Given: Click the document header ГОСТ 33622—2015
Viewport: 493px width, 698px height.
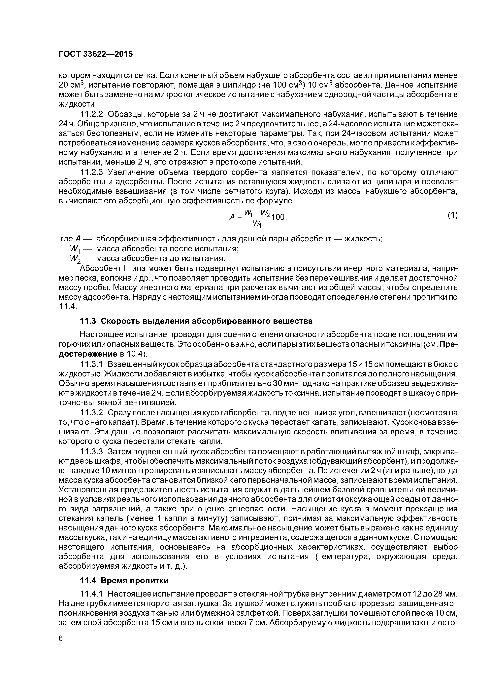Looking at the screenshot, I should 96,54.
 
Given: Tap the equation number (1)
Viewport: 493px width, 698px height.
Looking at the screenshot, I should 452,215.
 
